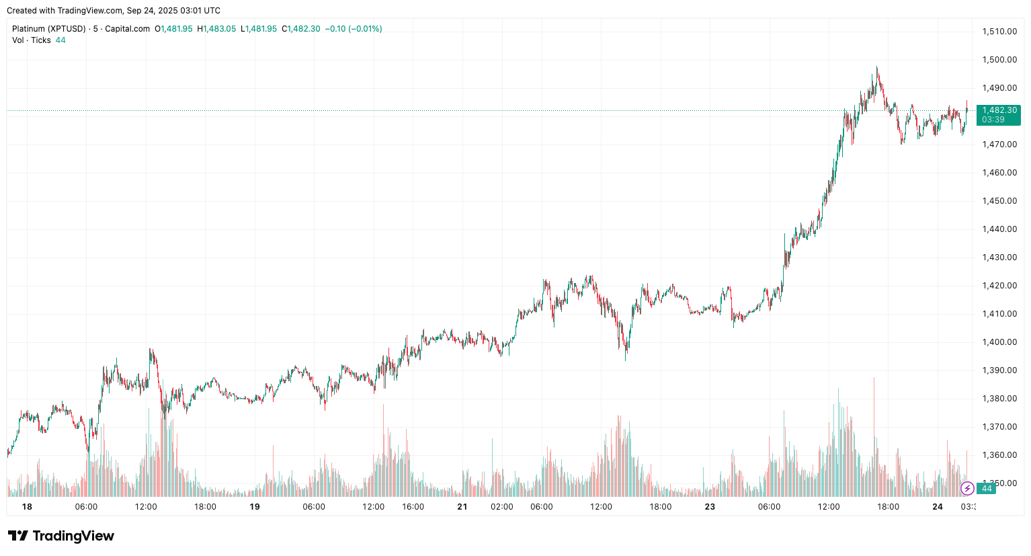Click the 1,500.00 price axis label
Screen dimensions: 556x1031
point(999,60)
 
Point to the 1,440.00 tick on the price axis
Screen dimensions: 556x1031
point(999,229)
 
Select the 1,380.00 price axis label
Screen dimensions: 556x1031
point(999,399)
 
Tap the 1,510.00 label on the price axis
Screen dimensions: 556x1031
point(999,32)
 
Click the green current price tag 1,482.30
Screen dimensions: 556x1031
point(999,110)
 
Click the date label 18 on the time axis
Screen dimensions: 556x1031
point(27,507)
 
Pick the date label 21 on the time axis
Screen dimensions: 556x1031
point(462,507)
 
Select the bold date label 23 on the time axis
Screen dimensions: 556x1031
point(710,507)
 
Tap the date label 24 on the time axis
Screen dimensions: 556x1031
point(937,507)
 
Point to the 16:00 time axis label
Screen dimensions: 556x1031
point(413,507)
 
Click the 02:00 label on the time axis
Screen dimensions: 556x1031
point(502,507)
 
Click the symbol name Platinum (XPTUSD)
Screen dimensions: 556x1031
point(49,29)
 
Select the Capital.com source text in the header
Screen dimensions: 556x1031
point(128,29)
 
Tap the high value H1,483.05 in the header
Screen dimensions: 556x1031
point(216,29)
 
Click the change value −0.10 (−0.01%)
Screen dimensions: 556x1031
point(354,29)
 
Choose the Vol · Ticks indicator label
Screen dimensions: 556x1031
point(32,40)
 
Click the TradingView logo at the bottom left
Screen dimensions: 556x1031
point(61,536)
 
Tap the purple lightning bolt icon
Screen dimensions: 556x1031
point(967,488)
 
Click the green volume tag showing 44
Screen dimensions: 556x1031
point(987,489)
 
